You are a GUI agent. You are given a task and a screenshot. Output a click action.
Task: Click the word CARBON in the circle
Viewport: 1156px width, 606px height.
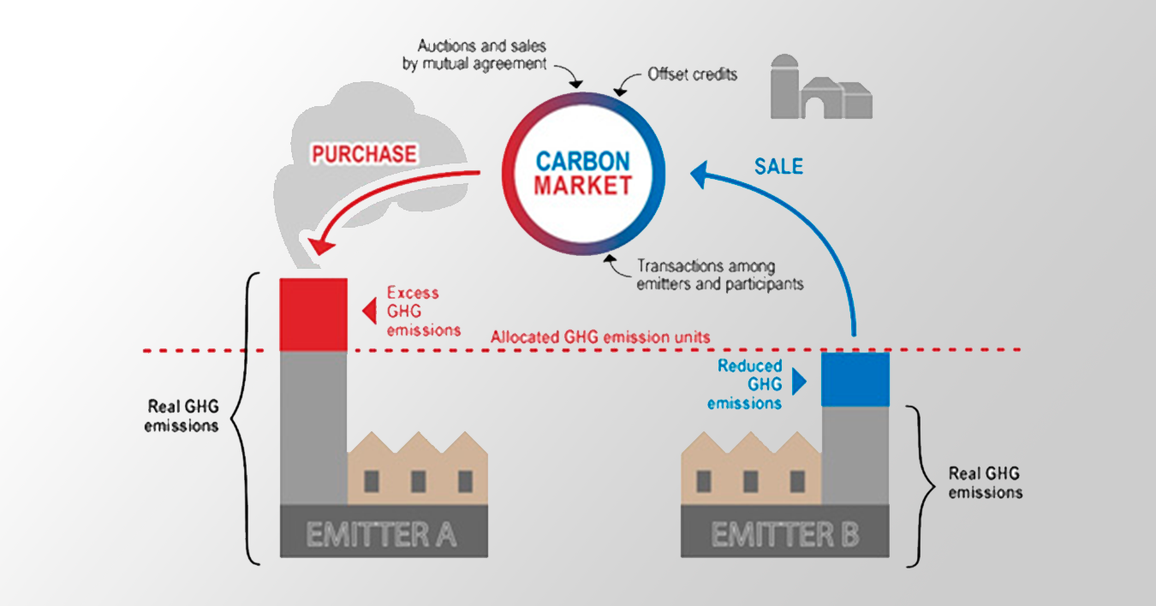[582, 161]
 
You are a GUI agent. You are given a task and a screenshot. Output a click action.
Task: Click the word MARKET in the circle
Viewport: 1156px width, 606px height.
[582, 185]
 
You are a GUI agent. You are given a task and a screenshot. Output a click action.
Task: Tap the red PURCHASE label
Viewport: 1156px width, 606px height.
[364, 154]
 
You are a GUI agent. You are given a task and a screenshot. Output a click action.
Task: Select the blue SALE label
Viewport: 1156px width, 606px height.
[778, 166]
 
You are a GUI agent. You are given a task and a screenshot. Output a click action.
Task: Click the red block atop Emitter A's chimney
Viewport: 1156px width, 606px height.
[313, 314]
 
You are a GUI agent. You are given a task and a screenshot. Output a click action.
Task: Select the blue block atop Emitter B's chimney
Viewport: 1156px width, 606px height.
[855, 378]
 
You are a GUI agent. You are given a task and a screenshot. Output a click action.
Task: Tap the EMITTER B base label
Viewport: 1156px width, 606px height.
[785, 535]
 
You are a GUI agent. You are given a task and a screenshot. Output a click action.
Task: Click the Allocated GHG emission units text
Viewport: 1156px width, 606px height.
[600, 336]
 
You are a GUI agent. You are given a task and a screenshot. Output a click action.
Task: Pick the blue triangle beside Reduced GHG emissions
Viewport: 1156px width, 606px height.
[800, 382]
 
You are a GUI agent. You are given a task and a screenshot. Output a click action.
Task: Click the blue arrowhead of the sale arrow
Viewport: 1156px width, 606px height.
[700, 175]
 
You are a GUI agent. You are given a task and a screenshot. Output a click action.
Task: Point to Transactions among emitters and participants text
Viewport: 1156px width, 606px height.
[719, 275]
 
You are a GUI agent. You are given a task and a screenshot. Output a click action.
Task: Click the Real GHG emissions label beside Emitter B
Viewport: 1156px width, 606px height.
[984, 483]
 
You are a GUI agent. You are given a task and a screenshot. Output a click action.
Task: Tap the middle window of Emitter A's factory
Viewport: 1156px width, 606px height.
[418, 481]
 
